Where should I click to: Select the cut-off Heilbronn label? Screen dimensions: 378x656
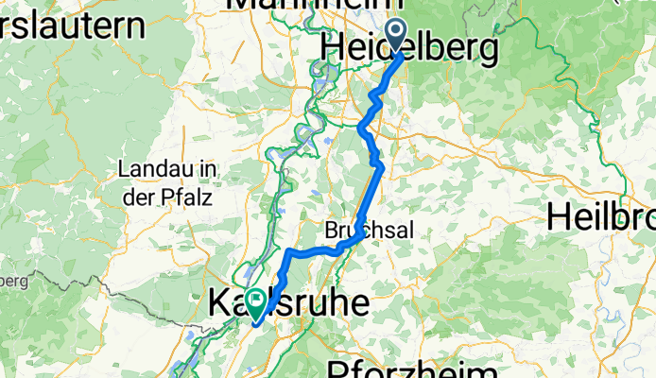[x=600, y=215]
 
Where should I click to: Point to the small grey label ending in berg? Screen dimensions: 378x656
[x=13, y=281]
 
